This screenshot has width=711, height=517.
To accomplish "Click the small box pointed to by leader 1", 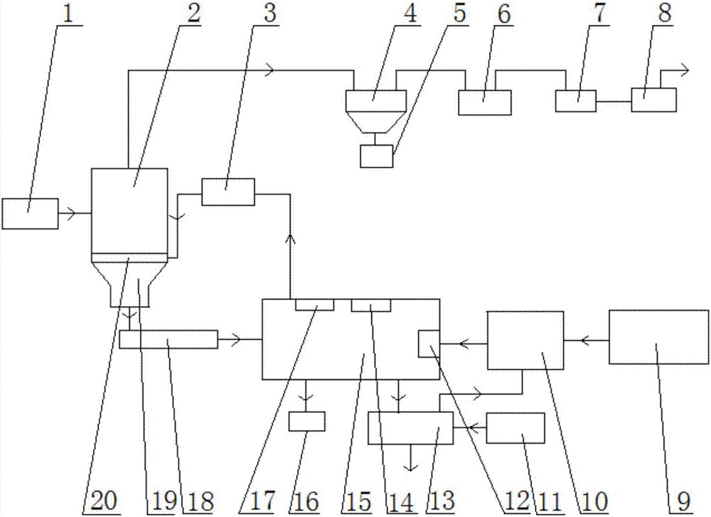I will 30,214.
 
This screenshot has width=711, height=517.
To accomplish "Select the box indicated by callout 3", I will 228,192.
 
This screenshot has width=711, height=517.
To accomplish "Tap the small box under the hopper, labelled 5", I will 376,156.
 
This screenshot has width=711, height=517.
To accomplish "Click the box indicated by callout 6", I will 485,102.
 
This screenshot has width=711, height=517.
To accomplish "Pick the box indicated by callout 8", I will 653,100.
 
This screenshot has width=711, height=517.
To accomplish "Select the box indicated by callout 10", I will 524,340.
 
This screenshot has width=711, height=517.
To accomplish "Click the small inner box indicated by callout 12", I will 429,344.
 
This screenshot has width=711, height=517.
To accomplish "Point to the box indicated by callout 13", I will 410,429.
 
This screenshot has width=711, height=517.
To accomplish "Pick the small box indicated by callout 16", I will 306,421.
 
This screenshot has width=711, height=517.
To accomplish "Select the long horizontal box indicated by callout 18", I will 168,339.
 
